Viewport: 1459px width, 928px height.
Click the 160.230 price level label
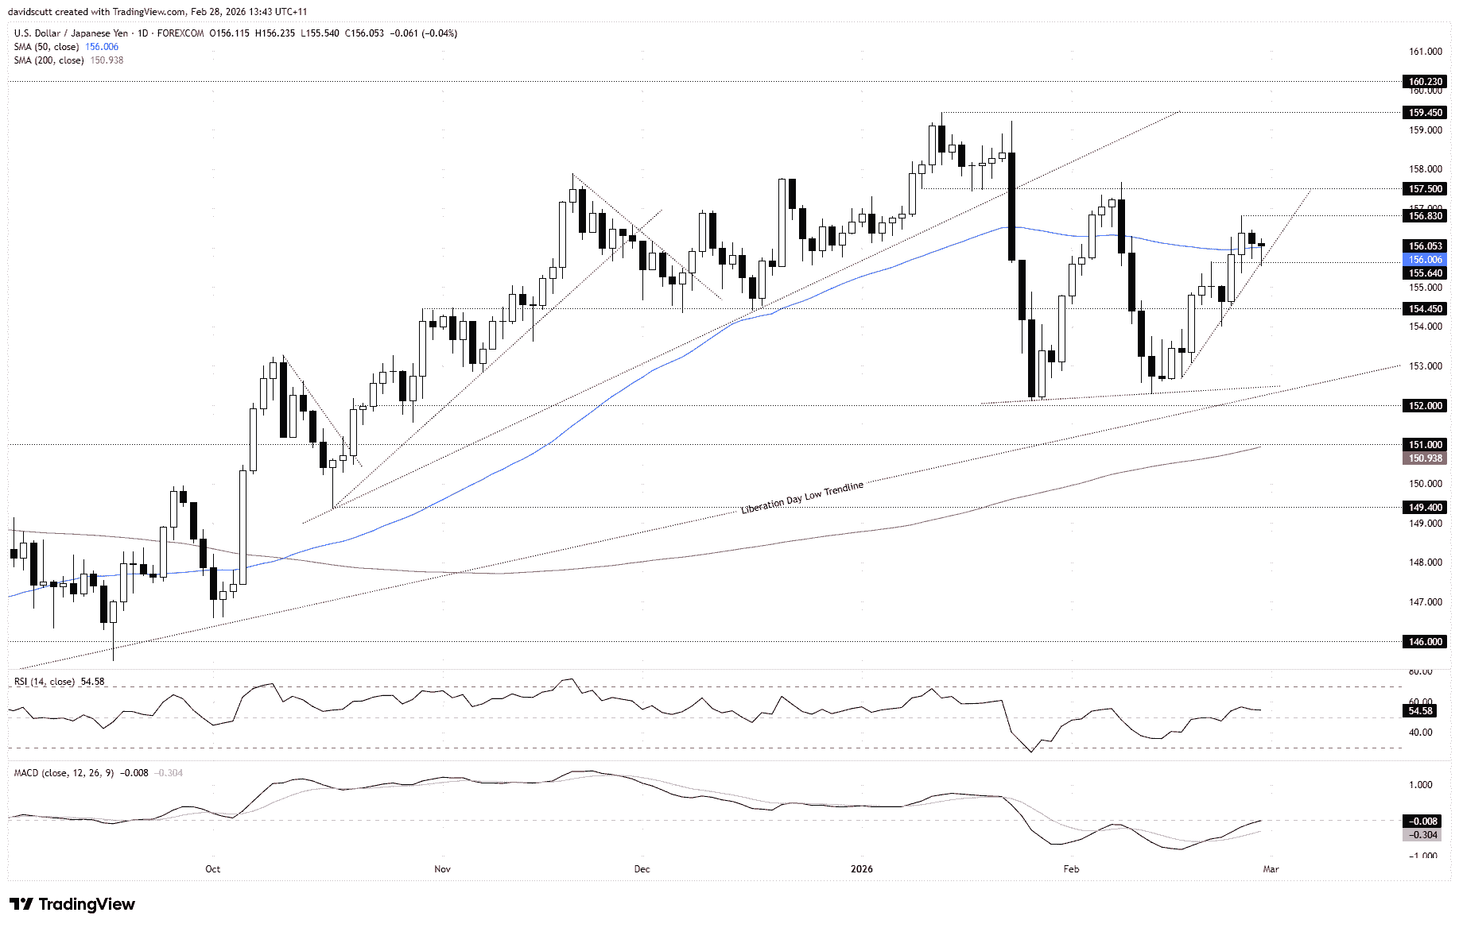[x=1425, y=82]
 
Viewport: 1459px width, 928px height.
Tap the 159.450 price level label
[x=1425, y=113]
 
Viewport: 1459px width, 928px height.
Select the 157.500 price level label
[x=1425, y=189]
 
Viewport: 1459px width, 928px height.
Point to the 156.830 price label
[x=1425, y=216]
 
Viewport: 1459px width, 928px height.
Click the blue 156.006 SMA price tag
[x=1425, y=260]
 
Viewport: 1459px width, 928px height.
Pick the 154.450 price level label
[x=1425, y=309]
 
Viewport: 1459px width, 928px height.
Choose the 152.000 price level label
[x=1425, y=406]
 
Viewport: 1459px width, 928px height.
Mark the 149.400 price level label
[x=1425, y=508]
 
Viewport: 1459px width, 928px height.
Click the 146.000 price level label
[x=1425, y=642]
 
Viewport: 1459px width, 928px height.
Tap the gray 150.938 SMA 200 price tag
[x=1425, y=458]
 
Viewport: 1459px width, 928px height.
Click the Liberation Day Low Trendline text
[x=801, y=498]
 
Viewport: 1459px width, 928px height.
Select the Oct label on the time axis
[x=212, y=869]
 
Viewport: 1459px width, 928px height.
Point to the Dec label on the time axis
[x=642, y=869]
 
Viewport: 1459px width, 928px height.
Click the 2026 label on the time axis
[x=861, y=869]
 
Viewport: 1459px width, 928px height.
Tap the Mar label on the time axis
[x=1271, y=869]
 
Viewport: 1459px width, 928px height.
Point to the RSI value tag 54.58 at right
[x=1420, y=711]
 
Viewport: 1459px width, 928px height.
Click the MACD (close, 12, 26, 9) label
[x=64, y=773]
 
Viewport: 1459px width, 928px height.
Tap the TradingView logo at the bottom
[x=72, y=904]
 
